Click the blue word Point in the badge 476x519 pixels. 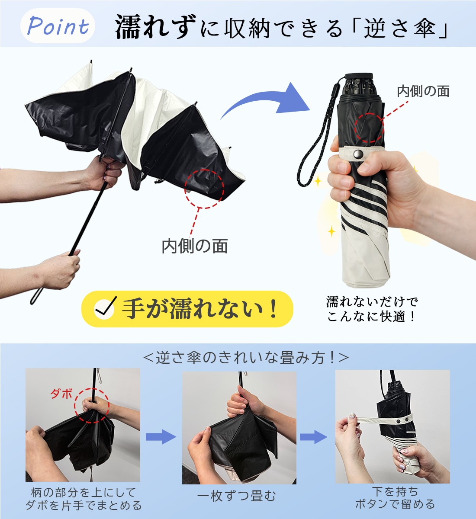58,26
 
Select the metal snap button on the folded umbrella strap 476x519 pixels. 358,155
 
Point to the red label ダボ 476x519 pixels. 61,394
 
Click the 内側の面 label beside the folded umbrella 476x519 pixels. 423,91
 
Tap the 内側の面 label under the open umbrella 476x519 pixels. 194,246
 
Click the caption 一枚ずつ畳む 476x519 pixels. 236,496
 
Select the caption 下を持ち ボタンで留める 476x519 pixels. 395,497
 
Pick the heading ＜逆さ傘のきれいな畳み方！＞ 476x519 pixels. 246,358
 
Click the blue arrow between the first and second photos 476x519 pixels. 161,437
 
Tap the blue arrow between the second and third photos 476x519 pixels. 313,437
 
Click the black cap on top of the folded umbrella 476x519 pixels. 359,76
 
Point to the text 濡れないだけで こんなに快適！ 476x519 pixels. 372,309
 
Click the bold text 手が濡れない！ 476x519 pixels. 200,308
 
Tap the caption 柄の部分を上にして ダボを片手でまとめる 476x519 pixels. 84,499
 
